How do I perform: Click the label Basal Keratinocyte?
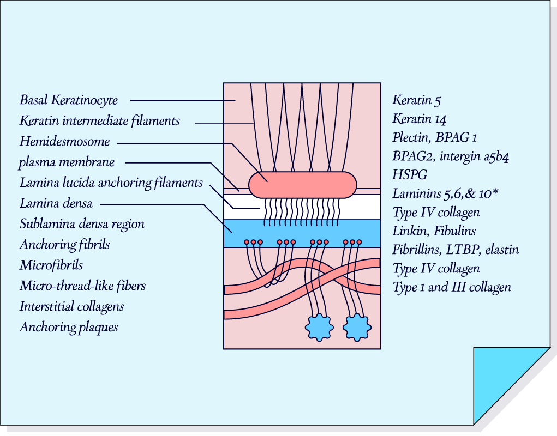(69, 100)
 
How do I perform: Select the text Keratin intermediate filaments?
(99, 120)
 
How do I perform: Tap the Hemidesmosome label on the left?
(64, 142)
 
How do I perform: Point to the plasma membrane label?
(67, 162)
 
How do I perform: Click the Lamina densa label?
(56, 204)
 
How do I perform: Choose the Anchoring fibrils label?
(64, 244)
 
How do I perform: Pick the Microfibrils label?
(51, 265)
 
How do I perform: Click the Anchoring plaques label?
(69, 327)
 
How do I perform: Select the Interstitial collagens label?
(71, 306)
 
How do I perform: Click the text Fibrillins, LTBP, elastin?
(455, 250)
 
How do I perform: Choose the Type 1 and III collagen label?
(452, 287)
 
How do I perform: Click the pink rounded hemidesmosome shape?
(302, 185)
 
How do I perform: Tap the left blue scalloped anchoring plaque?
(318, 328)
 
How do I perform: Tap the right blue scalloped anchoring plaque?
(357, 328)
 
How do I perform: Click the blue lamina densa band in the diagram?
(302, 233)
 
